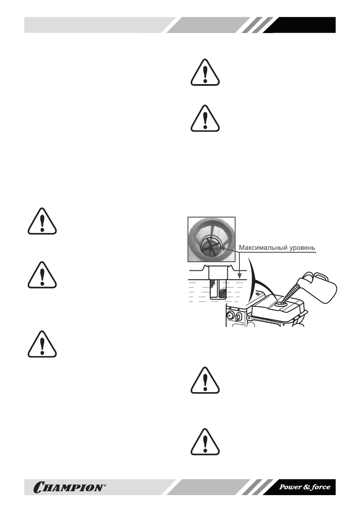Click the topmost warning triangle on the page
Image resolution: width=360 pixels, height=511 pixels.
pos(205,74)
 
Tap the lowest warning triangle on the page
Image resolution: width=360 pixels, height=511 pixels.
pos(205,442)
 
